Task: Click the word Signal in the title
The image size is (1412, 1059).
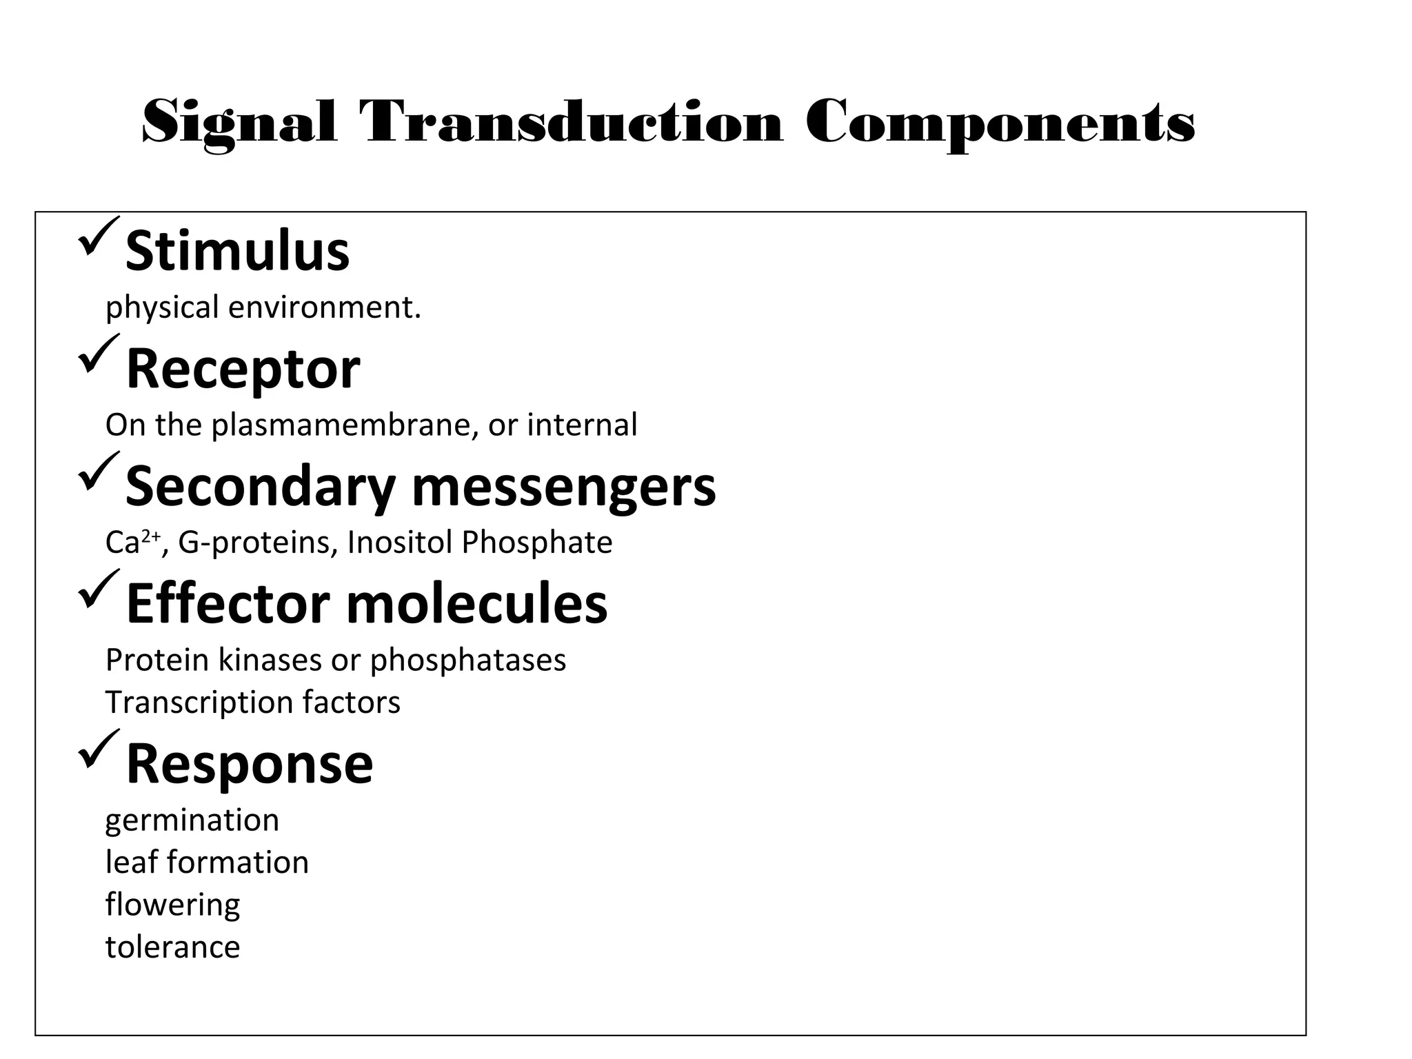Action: click(x=240, y=123)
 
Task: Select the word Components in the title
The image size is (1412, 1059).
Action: click(x=1000, y=123)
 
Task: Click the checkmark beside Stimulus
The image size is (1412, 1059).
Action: click(x=98, y=236)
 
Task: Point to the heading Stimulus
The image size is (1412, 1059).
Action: click(x=238, y=251)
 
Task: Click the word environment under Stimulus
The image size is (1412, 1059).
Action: click(x=324, y=307)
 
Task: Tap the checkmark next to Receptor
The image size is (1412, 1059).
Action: click(x=98, y=354)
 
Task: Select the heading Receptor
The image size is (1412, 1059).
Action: click(x=243, y=370)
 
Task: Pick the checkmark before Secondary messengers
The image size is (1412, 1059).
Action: click(x=98, y=471)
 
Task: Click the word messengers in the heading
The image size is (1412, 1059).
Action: click(x=564, y=487)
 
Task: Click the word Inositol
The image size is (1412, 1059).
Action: click(x=400, y=543)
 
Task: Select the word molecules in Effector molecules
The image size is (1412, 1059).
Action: click(x=476, y=604)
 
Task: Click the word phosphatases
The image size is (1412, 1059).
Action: click(x=468, y=660)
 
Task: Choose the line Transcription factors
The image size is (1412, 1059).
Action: click(x=253, y=703)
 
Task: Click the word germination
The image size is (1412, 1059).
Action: click(x=192, y=820)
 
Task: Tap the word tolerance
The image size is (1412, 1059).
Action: click(x=173, y=947)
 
